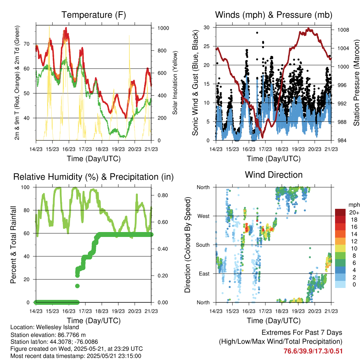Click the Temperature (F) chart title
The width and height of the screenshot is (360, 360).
pyautogui.click(x=94, y=15)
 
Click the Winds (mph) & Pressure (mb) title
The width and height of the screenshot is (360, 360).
pyautogui.click(x=274, y=15)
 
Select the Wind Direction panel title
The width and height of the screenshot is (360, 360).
pyautogui.click(x=274, y=175)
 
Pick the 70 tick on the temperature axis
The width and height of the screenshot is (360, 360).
pyautogui.click(x=30, y=44)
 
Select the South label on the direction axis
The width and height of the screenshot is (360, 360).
pyautogui.click(x=203, y=245)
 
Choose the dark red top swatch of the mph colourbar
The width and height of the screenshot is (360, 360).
pyautogui.click(x=341, y=212)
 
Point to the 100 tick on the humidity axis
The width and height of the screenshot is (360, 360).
pyautogui.click(x=28, y=187)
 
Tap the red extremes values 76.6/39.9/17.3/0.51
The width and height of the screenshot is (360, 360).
pyautogui.click(x=313, y=351)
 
